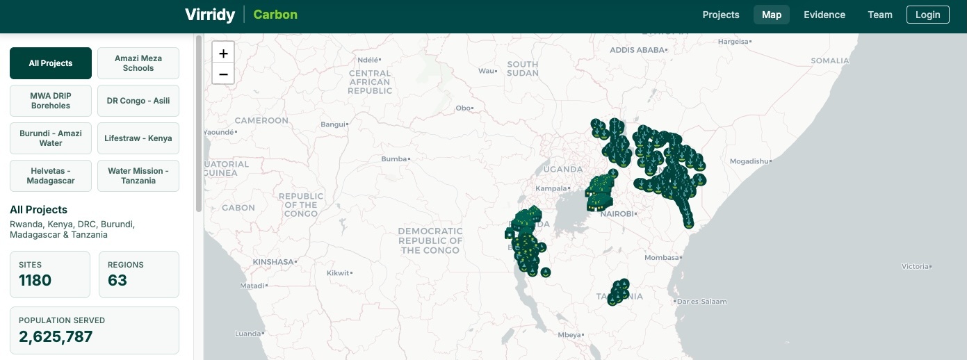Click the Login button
(927, 15)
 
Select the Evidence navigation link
(824, 15)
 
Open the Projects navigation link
(720, 15)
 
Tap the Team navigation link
(879, 15)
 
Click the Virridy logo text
(210, 15)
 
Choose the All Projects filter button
(51, 63)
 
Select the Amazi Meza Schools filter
(138, 63)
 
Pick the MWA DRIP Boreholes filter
(51, 101)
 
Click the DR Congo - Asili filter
(138, 101)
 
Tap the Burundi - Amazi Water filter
(51, 138)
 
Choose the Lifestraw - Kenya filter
(138, 138)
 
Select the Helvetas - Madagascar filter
(51, 176)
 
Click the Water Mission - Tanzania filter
(138, 176)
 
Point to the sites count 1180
(35, 280)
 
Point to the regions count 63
(117, 280)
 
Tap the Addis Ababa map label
(637, 50)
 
